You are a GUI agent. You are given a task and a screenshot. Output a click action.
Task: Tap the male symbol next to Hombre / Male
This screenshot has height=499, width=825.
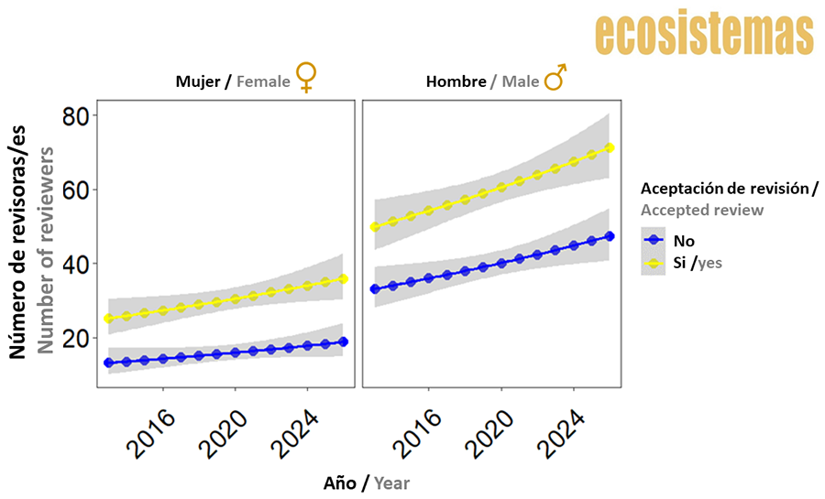pos(555,78)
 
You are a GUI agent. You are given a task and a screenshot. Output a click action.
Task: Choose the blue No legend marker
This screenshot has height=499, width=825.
pos(654,241)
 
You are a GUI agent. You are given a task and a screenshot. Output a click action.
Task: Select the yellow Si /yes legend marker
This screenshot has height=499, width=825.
pos(654,263)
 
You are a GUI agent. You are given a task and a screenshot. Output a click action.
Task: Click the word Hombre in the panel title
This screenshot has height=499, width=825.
pos(456,81)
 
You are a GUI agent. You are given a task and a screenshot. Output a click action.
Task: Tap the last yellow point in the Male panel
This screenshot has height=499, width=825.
pos(610,148)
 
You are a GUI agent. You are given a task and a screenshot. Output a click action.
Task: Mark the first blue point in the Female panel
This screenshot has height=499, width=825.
pos(109,363)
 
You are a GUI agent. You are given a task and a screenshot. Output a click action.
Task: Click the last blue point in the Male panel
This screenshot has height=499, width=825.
pos(610,236)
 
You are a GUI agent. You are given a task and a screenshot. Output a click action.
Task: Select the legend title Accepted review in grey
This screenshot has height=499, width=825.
pos(701,211)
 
